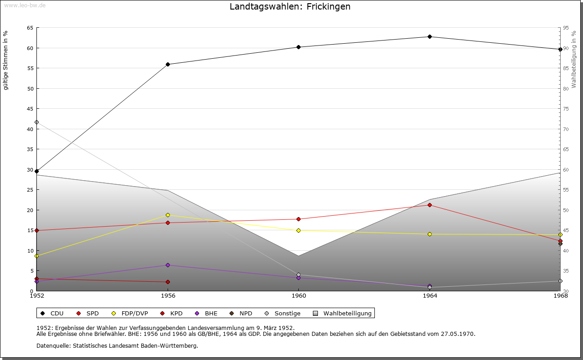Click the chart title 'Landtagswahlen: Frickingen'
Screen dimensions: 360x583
coord(290,7)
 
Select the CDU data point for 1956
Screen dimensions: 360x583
coord(168,64)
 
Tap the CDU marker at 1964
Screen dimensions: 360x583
coord(430,36)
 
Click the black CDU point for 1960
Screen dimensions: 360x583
coord(298,47)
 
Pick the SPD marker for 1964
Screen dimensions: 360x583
coord(430,205)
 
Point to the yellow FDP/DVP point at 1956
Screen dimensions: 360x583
coord(168,215)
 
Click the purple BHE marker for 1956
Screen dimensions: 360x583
coord(168,265)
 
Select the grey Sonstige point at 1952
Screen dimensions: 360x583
coord(36,122)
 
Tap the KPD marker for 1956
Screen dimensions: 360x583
coord(168,282)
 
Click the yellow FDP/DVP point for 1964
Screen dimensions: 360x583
coord(430,234)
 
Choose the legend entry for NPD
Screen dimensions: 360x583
coord(241,313)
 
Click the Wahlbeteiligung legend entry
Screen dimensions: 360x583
coord(343,313)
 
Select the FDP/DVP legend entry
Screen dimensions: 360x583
coord(130,313)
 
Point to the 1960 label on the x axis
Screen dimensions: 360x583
coord(298,295)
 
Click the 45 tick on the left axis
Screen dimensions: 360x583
coord(30,109)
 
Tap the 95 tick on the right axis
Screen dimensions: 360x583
coord(566,28)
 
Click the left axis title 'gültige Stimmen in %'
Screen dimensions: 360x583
coord(6,61)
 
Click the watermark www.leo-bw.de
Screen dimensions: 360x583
coord(24,5)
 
